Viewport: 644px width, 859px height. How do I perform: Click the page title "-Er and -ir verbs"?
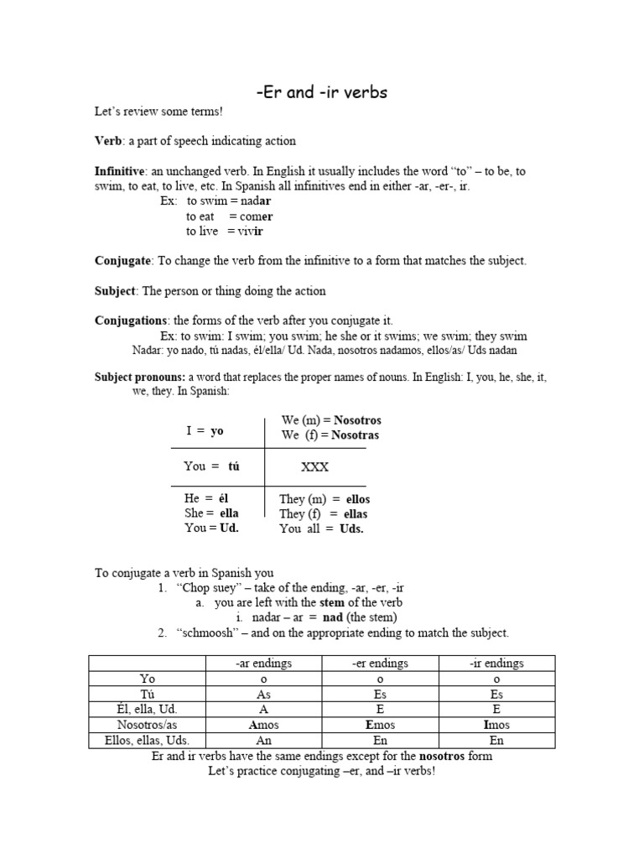[x=321, y=92]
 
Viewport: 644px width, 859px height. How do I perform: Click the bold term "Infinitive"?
[x=120, y=171]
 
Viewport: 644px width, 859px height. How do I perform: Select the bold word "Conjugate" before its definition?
[x=123, y=261]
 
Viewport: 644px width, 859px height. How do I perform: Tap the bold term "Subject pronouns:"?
[x=140, y=377]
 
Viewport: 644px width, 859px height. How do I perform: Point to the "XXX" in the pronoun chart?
[x=314, y=467]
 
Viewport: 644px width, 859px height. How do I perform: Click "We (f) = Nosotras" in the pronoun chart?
[x=330, y=435]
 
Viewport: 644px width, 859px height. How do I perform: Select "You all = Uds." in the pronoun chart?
[x=321, y=529]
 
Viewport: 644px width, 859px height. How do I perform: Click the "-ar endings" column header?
[x=264, y=664]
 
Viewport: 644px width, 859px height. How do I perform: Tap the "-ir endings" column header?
[x=496, y=664]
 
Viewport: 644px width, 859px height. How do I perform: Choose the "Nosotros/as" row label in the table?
[x=147, y=725]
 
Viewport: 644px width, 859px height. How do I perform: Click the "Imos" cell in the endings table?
[x=496, y=725]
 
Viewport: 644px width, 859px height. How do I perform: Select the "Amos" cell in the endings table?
[x=264, y=725]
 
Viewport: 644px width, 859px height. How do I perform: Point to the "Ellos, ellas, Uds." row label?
[x=147, y=741]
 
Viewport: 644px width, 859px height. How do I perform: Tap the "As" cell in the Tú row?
[x=264, y=695]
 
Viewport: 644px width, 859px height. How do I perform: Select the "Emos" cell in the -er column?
[x=380, y=725]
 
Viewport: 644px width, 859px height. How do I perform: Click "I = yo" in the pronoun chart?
[x=205, y=431]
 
